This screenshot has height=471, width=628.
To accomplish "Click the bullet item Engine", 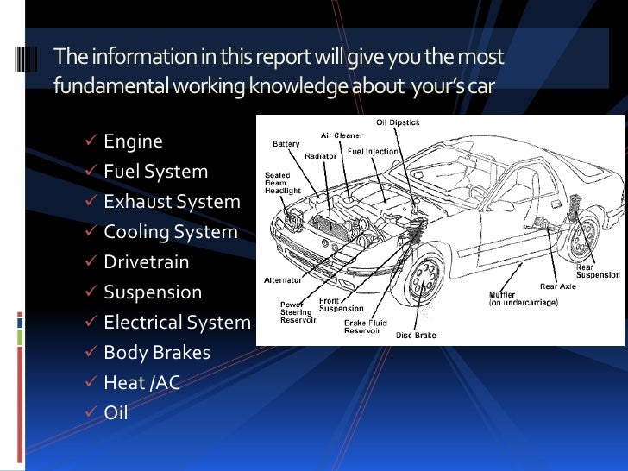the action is coord(133,141).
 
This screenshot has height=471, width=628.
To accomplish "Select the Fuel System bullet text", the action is coord(155,172).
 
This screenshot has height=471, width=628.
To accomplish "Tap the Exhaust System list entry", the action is coord(172,202).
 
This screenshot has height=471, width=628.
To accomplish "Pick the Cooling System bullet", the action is coord(170,232).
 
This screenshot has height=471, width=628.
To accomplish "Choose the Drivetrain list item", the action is coord(146,262).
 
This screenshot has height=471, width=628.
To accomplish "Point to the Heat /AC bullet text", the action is coord(141,383).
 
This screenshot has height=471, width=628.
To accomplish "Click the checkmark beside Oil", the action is coord(91,413).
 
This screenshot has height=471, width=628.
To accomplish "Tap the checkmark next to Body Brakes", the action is coord(91,353).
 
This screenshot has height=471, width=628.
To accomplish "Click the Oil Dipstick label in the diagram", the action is coord(398,122).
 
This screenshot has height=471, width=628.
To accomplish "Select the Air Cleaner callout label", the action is coord(342,135).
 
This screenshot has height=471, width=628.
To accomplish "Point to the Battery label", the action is coord(286,143).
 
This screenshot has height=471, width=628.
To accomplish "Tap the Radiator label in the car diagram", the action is coord(320,156).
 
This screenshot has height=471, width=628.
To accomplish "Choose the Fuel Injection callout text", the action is coord(373,151).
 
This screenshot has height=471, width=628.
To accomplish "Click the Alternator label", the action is coord(283,280).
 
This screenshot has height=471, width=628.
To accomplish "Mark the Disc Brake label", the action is coord(417,335).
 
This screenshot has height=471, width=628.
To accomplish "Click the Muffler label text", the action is coord(504,295).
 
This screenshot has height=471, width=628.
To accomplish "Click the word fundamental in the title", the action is coord(113,87).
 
